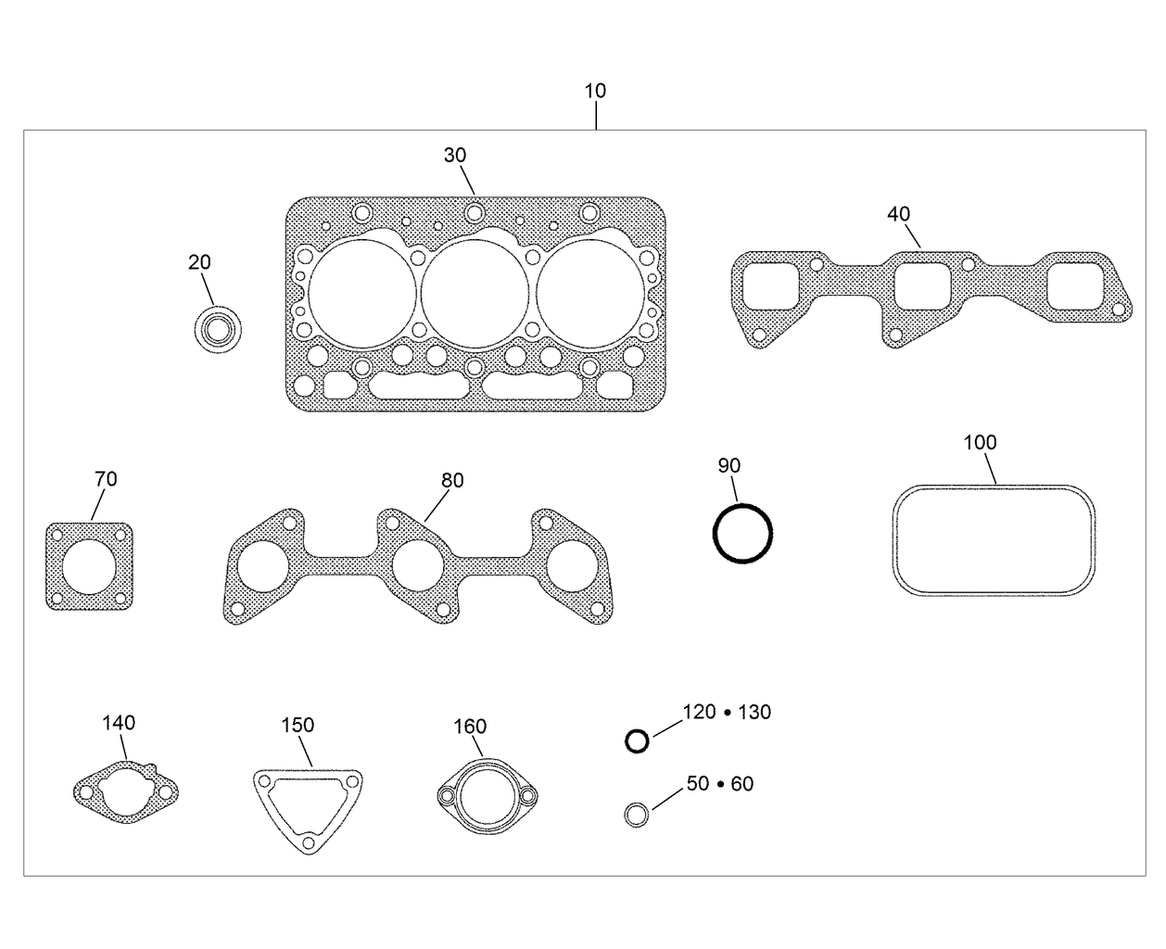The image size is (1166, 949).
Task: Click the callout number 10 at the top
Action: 595,91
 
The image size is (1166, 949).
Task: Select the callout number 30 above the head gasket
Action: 454,155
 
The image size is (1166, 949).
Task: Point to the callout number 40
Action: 898,214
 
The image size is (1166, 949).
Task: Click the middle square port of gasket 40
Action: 923,286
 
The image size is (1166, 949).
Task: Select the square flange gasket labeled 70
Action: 89,565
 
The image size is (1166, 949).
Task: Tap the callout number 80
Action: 452,480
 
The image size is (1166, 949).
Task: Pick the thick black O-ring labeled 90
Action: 741,533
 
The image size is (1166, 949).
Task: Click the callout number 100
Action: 980,442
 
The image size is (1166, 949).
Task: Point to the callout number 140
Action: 119,722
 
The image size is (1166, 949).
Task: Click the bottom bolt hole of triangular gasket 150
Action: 308,841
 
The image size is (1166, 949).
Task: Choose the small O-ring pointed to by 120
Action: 637,740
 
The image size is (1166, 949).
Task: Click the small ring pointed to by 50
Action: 636,815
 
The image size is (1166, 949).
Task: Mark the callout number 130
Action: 754,712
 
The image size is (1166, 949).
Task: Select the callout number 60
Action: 741,784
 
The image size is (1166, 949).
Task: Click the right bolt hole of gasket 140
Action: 166,791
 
